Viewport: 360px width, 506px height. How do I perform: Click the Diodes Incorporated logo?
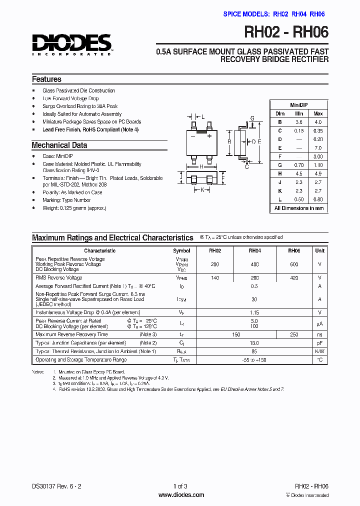(x=72, y=44)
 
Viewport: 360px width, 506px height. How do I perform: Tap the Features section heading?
(x=46, y=79)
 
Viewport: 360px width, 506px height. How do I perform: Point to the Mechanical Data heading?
(x=59, y=145)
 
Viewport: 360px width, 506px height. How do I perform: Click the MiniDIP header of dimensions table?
(x=299, y=105)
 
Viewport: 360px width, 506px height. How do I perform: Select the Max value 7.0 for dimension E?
(x=318, y=148)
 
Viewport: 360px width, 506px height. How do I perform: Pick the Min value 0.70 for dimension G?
(x=299, y=165)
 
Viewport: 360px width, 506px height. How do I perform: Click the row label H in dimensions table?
(x=280, y=173)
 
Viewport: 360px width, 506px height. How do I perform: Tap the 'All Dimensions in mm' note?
(x=299, y=208)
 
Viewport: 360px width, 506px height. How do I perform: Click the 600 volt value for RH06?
(x=294, y=264)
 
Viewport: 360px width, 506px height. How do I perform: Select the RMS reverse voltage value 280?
(x=254, y=277)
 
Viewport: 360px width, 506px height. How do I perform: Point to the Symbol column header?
(x=181, y=250)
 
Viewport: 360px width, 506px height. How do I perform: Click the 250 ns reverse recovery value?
(x=294, y=334)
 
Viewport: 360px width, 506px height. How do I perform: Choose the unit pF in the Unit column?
(x=320, y=343)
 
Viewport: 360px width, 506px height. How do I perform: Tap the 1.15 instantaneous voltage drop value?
(x=254, y=312)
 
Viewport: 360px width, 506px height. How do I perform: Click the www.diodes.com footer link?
(x=181, y=495)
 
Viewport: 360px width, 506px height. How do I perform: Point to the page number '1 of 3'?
(x=180, y=486)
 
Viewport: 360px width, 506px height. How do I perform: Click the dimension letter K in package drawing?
(x=202, y=190)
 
